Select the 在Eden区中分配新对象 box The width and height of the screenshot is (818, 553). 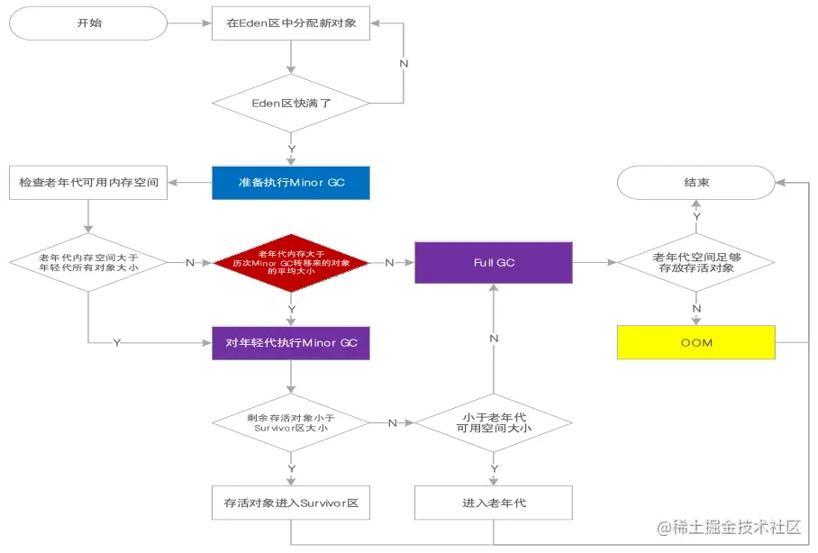click(x=291, y=23)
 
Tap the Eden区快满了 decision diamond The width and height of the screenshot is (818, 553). click(x=291, y=103)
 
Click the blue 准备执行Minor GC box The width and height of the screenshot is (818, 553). click(x=291, y=183)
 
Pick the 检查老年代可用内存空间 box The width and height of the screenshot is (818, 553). click(x=88, y=183)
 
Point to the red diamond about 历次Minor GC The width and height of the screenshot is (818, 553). click(x=291, y=262)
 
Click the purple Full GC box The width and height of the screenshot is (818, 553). click(x=494, y=262)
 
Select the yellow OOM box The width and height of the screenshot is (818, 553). click(x=695, y=342)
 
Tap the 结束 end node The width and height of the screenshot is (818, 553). click(x=695, y=183)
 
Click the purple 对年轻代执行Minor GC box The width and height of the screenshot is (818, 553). click(x=291, y=342)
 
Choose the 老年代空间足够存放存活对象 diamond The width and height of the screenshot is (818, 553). click(x=695, y=262)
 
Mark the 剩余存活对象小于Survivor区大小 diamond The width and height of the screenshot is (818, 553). click(x=291, y=422)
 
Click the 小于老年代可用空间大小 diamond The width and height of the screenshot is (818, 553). click(x=494, y=422)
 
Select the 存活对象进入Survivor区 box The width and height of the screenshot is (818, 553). click(x=291, y=503)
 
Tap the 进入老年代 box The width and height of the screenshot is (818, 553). click(x=494, y=503)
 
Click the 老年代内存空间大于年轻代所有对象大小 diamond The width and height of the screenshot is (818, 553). click(x=88, y=262)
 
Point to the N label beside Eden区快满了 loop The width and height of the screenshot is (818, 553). click(x=404, y=64)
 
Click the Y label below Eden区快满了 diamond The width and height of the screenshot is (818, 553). click(x=291, y=148)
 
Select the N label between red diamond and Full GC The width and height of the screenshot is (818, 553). click(x=389, y=262)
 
